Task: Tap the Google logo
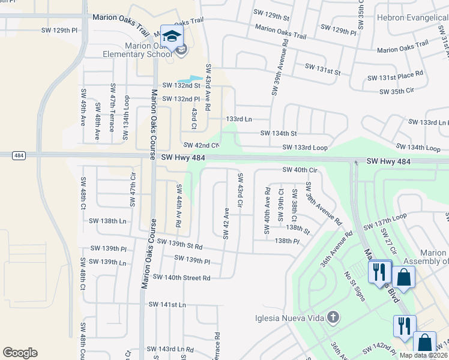pyautogui.click(x=20, y=353)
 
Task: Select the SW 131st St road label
pyautogui.click(x=322, y=69)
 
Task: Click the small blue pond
pyautogui.click(x=190, y=79)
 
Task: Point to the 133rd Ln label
pyautogui.click(x=238, y=119)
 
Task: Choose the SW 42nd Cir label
pyautogui.click(x=201, y=145)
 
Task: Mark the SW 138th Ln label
pyautogui.click(x=107, y=221)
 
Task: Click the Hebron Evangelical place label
pyautogui.click(x=412, y=18)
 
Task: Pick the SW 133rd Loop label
pyautogui.click(x=306, y=147)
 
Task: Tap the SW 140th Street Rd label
pyautogui.click(x=181, y=277)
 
